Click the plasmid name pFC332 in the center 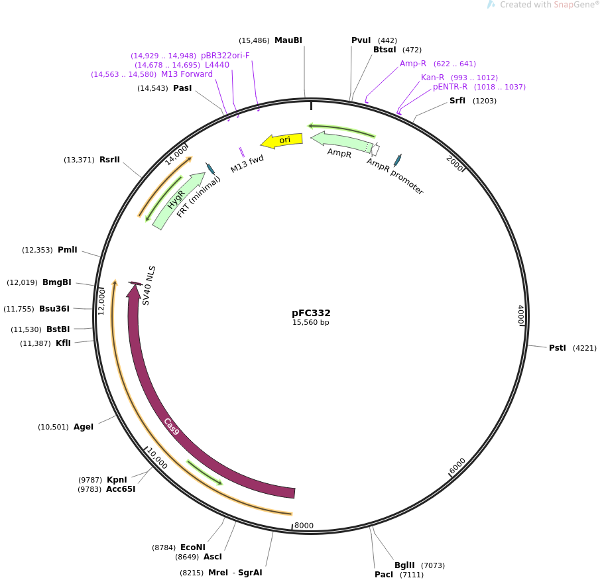tap(311, 313)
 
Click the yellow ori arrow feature tap(282, 140)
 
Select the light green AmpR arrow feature tap(341, 141)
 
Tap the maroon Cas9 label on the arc tap(172, 426)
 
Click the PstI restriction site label tap(557, 348)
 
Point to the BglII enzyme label tap(404, 565)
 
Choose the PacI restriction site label tap(384, 575)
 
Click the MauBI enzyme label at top tap(288, 40)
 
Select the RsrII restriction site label tap(109, 160)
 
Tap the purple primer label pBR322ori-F tap(225, 56)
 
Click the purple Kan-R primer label tap(432, 78)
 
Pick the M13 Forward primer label tap(187, 74)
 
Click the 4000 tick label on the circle tap(520, 315)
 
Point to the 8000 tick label tap(304, 526)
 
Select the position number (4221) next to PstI tap(584, 348)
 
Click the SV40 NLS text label tap(149, 286)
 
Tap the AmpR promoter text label tap(395, 176)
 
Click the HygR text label tap(176, 200)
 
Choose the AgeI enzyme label tap(84, 427)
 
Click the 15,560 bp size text tap(311, 323)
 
